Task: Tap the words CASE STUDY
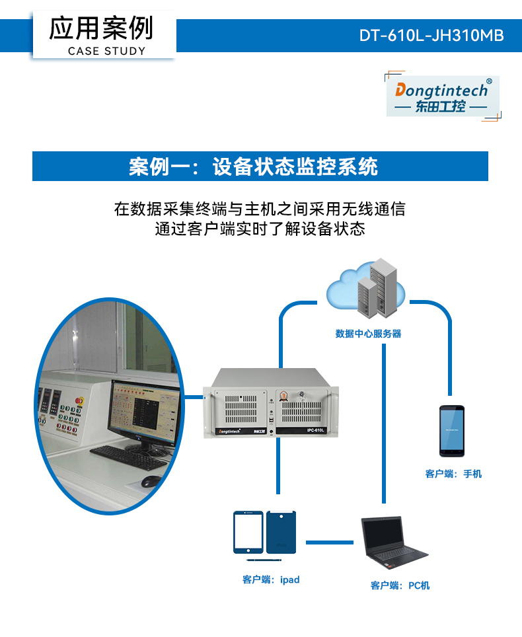[x=106, y=51]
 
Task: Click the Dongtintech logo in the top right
[x=441, y=96]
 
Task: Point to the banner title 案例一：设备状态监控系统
[x=254, y=167]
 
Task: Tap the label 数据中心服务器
[x=368, y=334]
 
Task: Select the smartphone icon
[x=452, y=431]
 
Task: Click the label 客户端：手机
[x=453, y=474]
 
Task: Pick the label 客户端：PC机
[x=400, y=585]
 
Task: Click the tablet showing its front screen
[x=248, y=533]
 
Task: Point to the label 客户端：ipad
[x=271, y=580]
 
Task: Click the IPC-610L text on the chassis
[x=315, y=430]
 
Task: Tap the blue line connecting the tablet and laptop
[x=330, y=543]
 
